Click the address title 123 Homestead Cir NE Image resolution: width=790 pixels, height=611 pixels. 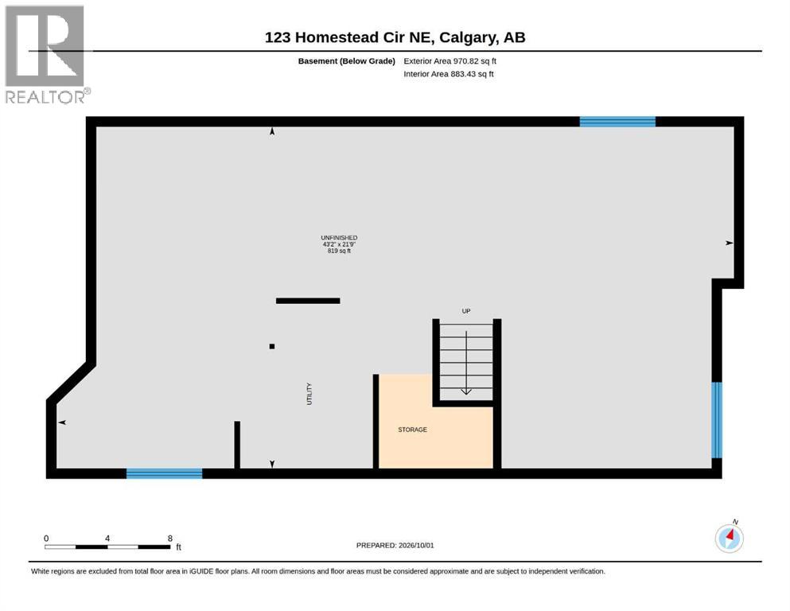(x=349, y=37)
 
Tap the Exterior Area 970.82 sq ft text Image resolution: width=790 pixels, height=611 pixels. (x=450, y=61)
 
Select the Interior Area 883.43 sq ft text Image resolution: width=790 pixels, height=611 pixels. (x=449, y=74)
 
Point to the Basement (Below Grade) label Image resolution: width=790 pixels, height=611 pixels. (x=347, y=61)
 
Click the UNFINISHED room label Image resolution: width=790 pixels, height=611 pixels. (x=339, y=238)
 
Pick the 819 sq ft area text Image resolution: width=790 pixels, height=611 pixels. (x=339, y=251)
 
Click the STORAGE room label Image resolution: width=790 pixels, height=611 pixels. (x=413, y=430)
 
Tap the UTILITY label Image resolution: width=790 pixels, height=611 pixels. (x=309, y=394)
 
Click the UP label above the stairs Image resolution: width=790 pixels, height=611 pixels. (x=466, y=311)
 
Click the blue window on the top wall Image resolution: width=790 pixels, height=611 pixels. (x=617, y=122)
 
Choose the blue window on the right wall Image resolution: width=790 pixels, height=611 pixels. (x=717, y=420)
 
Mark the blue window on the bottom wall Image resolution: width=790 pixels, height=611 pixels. (x=164, y=473)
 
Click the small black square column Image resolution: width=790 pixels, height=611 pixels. (x=272, y=347)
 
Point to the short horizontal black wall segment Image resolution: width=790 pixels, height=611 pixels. (x=308, y=301)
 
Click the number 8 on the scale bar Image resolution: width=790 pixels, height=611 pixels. (x=170, y=539)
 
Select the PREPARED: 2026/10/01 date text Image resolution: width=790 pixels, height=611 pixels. (x=395, y=546)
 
